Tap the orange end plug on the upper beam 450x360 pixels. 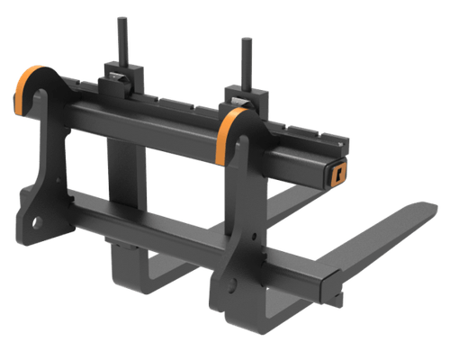pos(339,172)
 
